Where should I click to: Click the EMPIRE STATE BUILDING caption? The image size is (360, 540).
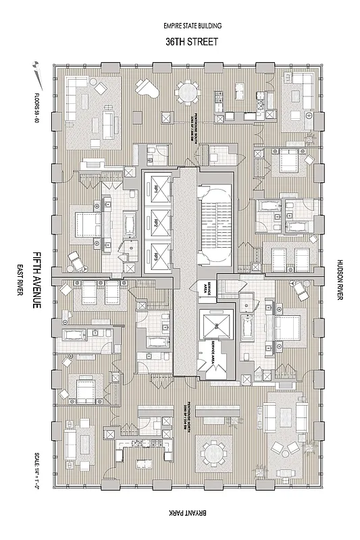[x=192, y=26]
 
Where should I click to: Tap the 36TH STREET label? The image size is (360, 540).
[x=192, y=40]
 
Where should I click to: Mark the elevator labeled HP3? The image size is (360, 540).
[x=155, y=255]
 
